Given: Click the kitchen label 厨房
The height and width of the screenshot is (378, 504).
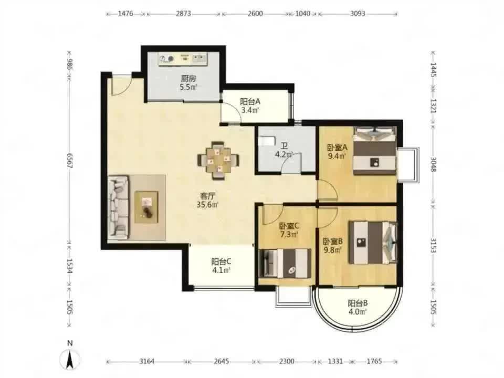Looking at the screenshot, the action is tap(188, 78).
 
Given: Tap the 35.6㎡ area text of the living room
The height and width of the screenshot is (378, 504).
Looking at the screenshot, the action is tap(208, 204).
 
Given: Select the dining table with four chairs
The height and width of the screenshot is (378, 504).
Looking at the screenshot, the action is tap(218, 160).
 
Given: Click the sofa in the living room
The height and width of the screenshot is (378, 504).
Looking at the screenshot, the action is tap(118, 207).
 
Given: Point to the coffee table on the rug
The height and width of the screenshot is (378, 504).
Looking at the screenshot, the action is tap(146, 207).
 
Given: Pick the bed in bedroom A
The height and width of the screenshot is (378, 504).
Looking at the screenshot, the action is tap(374, 151).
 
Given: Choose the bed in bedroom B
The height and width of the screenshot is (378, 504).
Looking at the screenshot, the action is tap(373, 242).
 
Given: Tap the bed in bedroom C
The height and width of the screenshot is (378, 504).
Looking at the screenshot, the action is tap(285, 262).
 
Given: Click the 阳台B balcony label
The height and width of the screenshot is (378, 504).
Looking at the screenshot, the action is tap(358, 303).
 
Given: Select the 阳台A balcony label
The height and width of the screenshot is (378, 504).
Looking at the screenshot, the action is tap(250, 102).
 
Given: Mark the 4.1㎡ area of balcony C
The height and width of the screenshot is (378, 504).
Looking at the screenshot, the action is tap(222, 270).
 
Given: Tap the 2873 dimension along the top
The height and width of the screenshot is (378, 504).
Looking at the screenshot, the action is tap(184, 14).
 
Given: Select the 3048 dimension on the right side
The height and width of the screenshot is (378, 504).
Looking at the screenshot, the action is tap(433, 164).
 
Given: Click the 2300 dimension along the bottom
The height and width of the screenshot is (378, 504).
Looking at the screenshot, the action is tap(287, 361).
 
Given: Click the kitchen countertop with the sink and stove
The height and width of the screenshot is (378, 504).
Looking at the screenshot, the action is tap(183, 59).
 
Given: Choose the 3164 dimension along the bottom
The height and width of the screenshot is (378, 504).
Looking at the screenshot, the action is tap(146, 361).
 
